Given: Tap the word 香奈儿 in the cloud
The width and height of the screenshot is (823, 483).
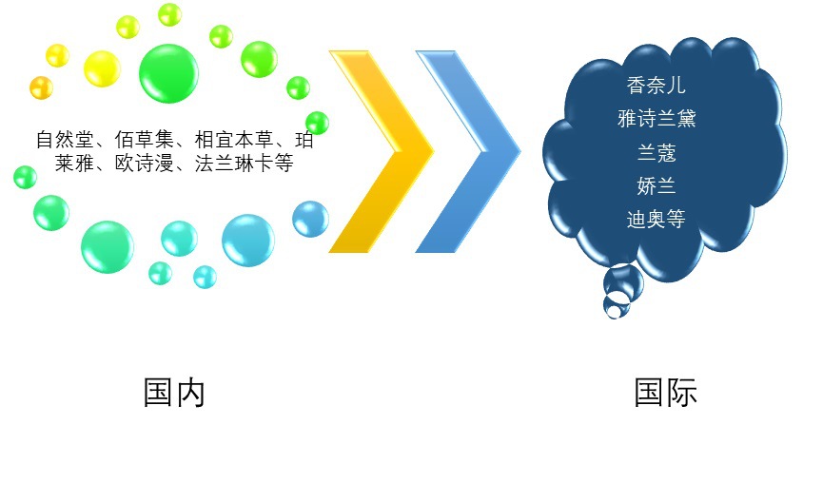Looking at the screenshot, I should (656, 86).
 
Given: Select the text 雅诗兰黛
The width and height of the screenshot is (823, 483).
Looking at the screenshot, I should (656, 119).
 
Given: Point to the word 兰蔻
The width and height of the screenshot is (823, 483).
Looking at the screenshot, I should (656, 152).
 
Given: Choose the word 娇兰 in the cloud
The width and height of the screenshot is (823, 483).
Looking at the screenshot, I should (656, 185).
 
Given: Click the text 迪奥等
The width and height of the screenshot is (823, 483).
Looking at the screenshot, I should (656, 219).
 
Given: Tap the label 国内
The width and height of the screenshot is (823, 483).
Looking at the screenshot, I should (174, 392).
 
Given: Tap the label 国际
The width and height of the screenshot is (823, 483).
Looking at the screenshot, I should (666, 392).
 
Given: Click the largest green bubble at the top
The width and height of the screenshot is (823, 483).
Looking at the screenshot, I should (168, 71).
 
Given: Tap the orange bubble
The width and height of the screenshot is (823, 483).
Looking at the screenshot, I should (41, 87).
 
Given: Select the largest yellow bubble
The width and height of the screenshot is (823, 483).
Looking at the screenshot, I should (102, 68).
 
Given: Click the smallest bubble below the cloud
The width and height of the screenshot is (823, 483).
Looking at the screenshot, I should (617, 306).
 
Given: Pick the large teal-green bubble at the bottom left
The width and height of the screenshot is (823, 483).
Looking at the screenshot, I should (108, 246).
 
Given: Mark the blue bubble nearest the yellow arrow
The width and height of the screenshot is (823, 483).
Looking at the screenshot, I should (310, 219).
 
